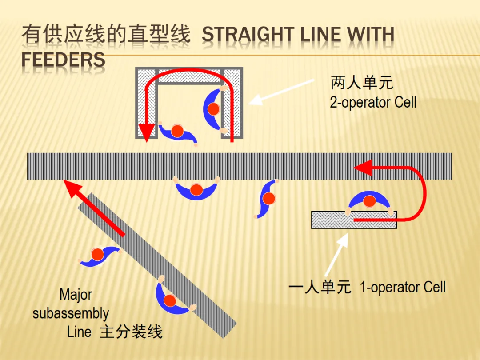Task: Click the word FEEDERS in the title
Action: (x=63, y=60)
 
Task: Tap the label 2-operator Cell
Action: (x=373, y=103)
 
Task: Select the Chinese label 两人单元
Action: (x=362, y=83)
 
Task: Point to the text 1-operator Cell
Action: (x=403, y=287)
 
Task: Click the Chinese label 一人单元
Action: (x=320, y=287)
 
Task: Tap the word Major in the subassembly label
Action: (x=76, y=294)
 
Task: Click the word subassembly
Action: (x=71, y=313)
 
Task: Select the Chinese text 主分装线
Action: (x=131, y=332)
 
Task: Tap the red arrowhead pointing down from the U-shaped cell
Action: (x=146, y=131)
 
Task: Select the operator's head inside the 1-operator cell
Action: (x=368, y=201)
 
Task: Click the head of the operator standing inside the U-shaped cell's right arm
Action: (x=214, y=108)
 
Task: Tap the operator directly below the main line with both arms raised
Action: (x=196, y=190)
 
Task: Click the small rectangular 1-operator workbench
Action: (x=354, y=220)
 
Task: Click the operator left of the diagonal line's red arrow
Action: (x=98, y=255)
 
